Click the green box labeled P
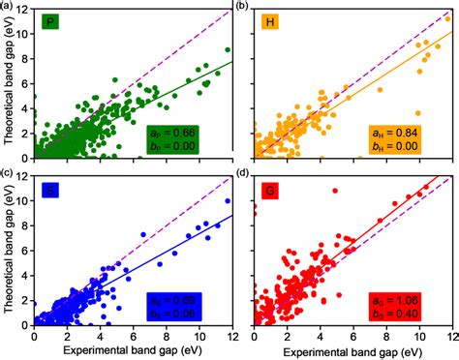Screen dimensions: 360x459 [x=50, y=20]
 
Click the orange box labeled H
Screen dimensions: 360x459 [x=270, y=20]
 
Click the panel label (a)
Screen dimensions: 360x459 [x=8, y=6]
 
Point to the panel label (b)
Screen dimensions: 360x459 [x=242, y=6]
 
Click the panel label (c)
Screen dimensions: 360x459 [x=8, y=174]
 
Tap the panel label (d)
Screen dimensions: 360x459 [x=242, y=174]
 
